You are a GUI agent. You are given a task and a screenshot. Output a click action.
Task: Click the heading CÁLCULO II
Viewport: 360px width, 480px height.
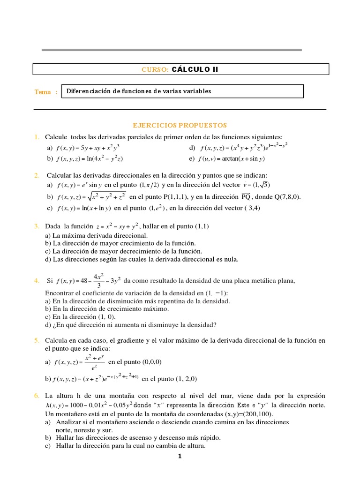pyautogui.click(x=195, y=69)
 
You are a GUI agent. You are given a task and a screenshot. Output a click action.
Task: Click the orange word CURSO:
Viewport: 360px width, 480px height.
pyautogui.click(x=155, y=70)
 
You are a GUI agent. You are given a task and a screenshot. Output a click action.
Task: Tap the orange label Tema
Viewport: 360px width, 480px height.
pyautogui.click(x=43, y=92)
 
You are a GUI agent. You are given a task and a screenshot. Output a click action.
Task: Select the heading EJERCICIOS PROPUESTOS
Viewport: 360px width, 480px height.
pyautogui.click(x=180, y=125)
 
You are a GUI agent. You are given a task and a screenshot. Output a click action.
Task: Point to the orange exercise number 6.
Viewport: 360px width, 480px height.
pyautogui.click(x=36, y=396)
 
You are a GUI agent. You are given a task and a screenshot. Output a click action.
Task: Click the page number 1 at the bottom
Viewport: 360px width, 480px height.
pyautogui.click(x=179, y=457)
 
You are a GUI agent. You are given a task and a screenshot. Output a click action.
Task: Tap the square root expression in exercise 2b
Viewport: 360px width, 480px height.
pyautogui.click(x=108, y=197)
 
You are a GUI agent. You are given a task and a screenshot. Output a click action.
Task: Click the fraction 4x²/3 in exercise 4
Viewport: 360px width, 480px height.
pyautogui.click(x=99, y=281)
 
